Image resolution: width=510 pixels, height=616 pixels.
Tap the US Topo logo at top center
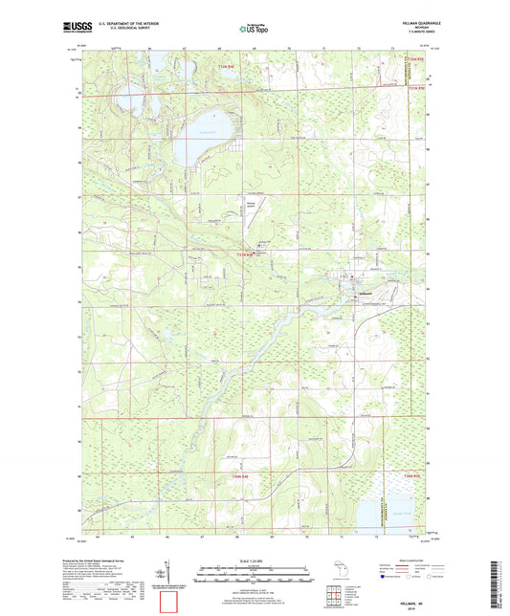252,29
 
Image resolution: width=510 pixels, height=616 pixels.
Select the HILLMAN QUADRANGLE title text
410,24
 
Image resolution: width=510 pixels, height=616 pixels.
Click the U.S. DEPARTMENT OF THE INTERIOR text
120,25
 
